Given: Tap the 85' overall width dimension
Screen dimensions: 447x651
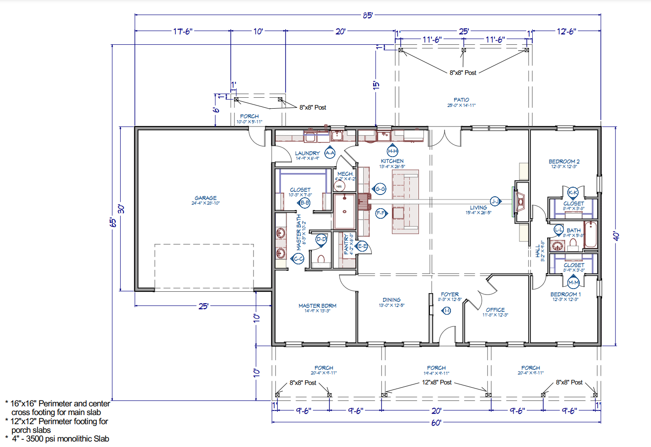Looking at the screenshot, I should [x=368, y=15].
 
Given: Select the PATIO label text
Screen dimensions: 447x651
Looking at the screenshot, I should [x=461, y=100].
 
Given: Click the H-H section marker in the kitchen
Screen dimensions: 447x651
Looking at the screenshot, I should [x=392, y=151].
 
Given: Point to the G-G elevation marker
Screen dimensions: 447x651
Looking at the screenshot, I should [x=380, y=189].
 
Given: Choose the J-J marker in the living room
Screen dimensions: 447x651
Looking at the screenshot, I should [x=495, y=201].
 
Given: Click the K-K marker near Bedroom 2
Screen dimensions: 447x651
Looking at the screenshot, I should [x=573, y=193].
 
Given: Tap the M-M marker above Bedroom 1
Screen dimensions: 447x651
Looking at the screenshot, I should [x=573, y=282].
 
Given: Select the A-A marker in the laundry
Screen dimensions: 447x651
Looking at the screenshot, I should [x=330, y=153].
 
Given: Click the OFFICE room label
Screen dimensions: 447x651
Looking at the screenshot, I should [x=495, y=310].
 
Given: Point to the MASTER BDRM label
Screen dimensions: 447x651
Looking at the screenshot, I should [x=318, y=305].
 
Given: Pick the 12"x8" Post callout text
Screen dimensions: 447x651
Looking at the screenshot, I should [x=437, y=382].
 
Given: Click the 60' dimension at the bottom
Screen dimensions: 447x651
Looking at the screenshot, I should [x=436, y=423].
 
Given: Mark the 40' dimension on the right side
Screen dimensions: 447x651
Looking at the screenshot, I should [x=616, y=236].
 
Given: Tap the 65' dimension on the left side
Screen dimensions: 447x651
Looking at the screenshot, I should [x=113, y=222].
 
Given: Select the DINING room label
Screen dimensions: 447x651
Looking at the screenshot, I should [x=392, y=300].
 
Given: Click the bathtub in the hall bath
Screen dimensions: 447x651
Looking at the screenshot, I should [x=590, y=234].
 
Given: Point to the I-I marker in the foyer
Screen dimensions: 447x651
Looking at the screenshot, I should [x=447, y=310].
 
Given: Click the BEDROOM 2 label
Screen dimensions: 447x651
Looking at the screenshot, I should [x=564, y=162].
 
